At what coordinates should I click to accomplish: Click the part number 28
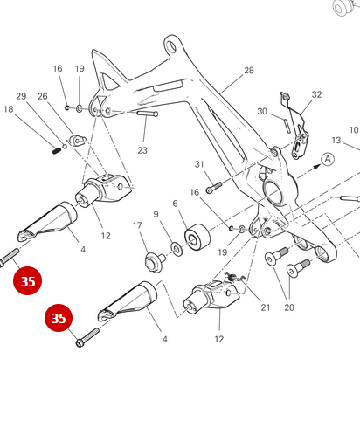[249, 71]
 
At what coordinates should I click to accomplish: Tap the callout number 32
[316, 94]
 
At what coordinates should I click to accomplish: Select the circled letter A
[328, 159]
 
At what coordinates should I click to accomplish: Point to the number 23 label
[142, 150]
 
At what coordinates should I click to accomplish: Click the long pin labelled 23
[146, 113]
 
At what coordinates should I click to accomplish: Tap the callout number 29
[21, 96]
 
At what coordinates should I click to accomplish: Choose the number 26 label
[42, 96]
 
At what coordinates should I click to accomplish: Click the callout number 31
[198, 164]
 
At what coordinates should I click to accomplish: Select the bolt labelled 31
[214, 186]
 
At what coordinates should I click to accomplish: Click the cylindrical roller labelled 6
[195, 238]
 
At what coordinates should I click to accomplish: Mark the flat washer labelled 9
[177, 250]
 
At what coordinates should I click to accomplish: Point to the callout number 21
[265, 307]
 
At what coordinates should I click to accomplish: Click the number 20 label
[288, 307]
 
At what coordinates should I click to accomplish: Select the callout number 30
[262, 111]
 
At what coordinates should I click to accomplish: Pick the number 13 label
[336, 140]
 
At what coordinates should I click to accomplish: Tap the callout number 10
[354, 130]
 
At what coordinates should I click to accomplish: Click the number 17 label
[137, 225]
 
